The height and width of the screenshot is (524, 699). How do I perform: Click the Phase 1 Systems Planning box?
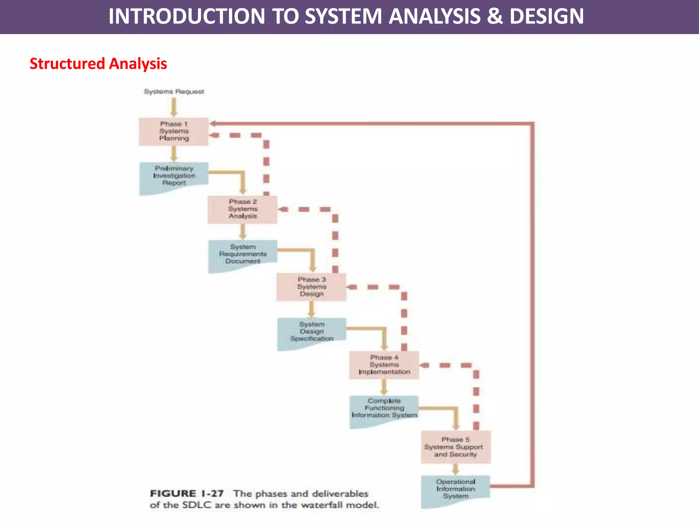click(173, 132)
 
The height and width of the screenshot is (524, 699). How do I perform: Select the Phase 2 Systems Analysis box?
click(243, 209)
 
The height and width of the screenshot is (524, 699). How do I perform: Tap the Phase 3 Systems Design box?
click(311, 287)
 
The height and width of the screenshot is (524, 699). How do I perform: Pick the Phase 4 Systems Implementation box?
click(384, 365)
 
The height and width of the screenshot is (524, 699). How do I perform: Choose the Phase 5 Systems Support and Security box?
click(456, 447)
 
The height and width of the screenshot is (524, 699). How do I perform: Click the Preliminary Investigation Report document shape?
click(174, 176)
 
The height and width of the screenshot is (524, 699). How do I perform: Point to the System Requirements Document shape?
click(243, 254)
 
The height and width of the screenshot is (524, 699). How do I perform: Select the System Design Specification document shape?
click(312, 332)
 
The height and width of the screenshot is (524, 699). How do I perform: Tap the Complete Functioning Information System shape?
click(384, 409)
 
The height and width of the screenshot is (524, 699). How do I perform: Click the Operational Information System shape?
click(455, 489)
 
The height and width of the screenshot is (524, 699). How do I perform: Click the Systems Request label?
click(174, 91)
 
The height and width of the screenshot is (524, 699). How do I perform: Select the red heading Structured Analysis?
click(98, 64)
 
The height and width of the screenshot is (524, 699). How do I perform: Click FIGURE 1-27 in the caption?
click(187, 494)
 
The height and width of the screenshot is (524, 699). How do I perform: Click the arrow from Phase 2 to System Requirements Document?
click(243, 232)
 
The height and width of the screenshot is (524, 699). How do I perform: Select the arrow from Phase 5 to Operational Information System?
click(455, 469)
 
